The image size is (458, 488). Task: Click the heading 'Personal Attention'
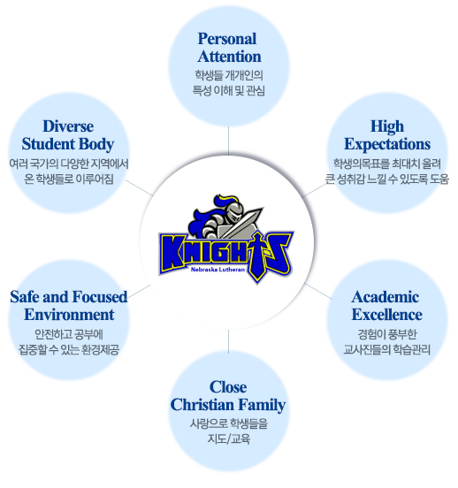tap(229, 48)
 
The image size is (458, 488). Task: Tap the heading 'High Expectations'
tap(387, 135)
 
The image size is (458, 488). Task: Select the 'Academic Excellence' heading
tap(386, 306)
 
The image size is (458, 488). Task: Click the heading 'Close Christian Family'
tap(228, 396)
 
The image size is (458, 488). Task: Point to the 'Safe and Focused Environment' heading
tap(69, 306)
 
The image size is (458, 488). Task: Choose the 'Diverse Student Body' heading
tap(68, 135)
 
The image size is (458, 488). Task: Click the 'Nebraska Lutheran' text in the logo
tap(218, 270)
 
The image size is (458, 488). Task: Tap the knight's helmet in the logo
tap(232, 211)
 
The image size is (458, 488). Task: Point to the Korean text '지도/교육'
tap(228, 438)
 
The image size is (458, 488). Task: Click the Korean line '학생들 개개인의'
tap(229, 75)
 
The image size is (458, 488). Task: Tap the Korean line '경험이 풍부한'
tap(386, 334)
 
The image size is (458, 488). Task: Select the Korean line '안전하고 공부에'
tap(69, 334)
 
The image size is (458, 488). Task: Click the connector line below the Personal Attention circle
tap(228, 141)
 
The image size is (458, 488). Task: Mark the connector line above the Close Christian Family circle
tap(228, 341)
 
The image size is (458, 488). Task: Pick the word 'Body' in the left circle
tap(96, 144)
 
